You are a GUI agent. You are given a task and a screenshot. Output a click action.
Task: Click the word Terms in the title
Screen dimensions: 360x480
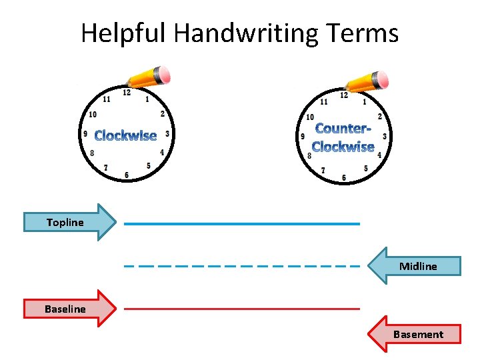pos(365,33)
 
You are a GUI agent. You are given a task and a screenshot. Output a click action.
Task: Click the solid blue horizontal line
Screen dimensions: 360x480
pos(242,223)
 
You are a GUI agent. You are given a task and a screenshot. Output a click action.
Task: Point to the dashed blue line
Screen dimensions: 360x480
pos(242,266)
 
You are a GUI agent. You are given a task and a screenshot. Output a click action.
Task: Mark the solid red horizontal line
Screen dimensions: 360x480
pos(242,309)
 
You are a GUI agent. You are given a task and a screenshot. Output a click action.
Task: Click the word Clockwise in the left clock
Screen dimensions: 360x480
pos(125,136)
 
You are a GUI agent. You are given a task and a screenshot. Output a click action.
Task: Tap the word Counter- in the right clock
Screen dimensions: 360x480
pos(342,129)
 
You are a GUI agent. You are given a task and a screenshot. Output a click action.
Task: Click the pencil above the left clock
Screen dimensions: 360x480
pos(150,77)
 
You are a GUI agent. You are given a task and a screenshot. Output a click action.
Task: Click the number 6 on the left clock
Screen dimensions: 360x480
pos(127,175)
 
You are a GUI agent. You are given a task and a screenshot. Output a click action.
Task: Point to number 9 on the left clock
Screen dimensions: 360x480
pos(85,134)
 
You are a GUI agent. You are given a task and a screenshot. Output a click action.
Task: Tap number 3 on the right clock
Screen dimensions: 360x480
pos(385,136)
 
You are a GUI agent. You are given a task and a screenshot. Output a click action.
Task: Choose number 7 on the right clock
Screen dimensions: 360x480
pos(323,171)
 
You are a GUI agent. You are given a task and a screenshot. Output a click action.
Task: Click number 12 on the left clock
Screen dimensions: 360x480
pos(127,93)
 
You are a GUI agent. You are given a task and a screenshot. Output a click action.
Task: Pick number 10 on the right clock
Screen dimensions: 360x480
pos(310,117)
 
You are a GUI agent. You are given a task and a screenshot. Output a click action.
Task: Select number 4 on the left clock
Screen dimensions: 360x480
pos(162,153)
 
